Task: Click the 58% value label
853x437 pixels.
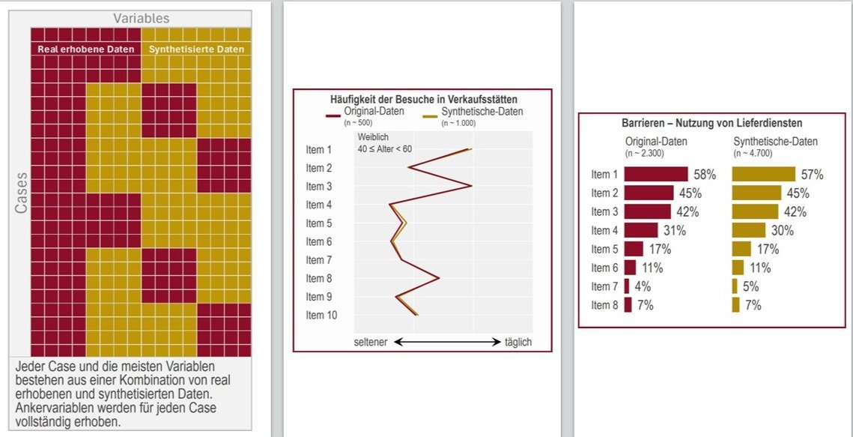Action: [x=705, y=175]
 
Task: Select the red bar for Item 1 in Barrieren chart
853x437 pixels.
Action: [x=655, y=175]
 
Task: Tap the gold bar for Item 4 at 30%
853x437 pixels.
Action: [x=748, y=230]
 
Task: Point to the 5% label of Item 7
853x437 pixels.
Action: [x=751, y=286]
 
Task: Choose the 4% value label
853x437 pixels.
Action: [x=643, y=286]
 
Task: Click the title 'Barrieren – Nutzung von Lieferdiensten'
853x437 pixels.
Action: [x=711, y=124]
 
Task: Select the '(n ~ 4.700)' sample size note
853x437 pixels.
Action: [x=753, y=152]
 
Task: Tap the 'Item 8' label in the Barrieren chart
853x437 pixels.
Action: [x=604, y=305]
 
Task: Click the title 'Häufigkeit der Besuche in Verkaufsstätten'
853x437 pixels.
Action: [x=423, y=99]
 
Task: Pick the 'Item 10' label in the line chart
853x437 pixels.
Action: [x=321, y=316]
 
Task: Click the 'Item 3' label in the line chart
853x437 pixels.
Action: [x=318, y=187]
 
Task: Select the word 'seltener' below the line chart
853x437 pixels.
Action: [x=370, y=343]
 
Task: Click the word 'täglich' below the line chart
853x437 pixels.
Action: [x=518, y=343]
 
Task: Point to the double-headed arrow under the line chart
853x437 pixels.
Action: [x=447, y=343]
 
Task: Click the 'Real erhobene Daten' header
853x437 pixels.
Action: [x=86, y=49]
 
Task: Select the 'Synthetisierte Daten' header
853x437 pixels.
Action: [x=196, y=49]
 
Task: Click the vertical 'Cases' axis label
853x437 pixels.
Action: [x=21, y=194]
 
